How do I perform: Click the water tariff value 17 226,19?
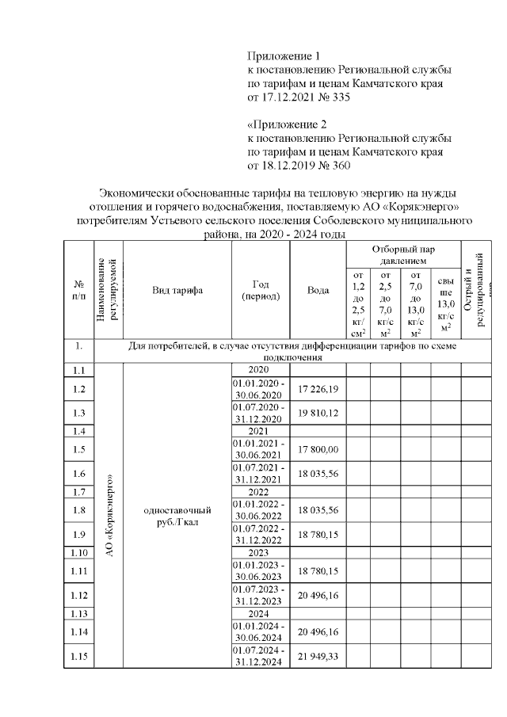coord(318,389)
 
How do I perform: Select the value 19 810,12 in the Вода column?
coord(318,413)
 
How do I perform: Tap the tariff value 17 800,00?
coord(318,449)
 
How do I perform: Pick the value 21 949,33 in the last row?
coord(318,657)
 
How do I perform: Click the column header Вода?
coord(318,290)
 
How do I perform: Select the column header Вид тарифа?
coord(177,290)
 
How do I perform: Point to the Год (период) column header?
coord(260,290)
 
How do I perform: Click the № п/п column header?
coord(78,290)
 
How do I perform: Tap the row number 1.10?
coord(78,552)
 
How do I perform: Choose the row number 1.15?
coord(78,657)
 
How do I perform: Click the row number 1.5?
coord(78,449)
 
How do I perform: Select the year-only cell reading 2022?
coord(260,492)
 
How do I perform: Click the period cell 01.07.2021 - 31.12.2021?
coord(260,473)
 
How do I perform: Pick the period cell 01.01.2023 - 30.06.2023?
coord(260,570)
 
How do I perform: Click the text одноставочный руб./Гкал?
coord(177,516)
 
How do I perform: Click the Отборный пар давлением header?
coord(403,254)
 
